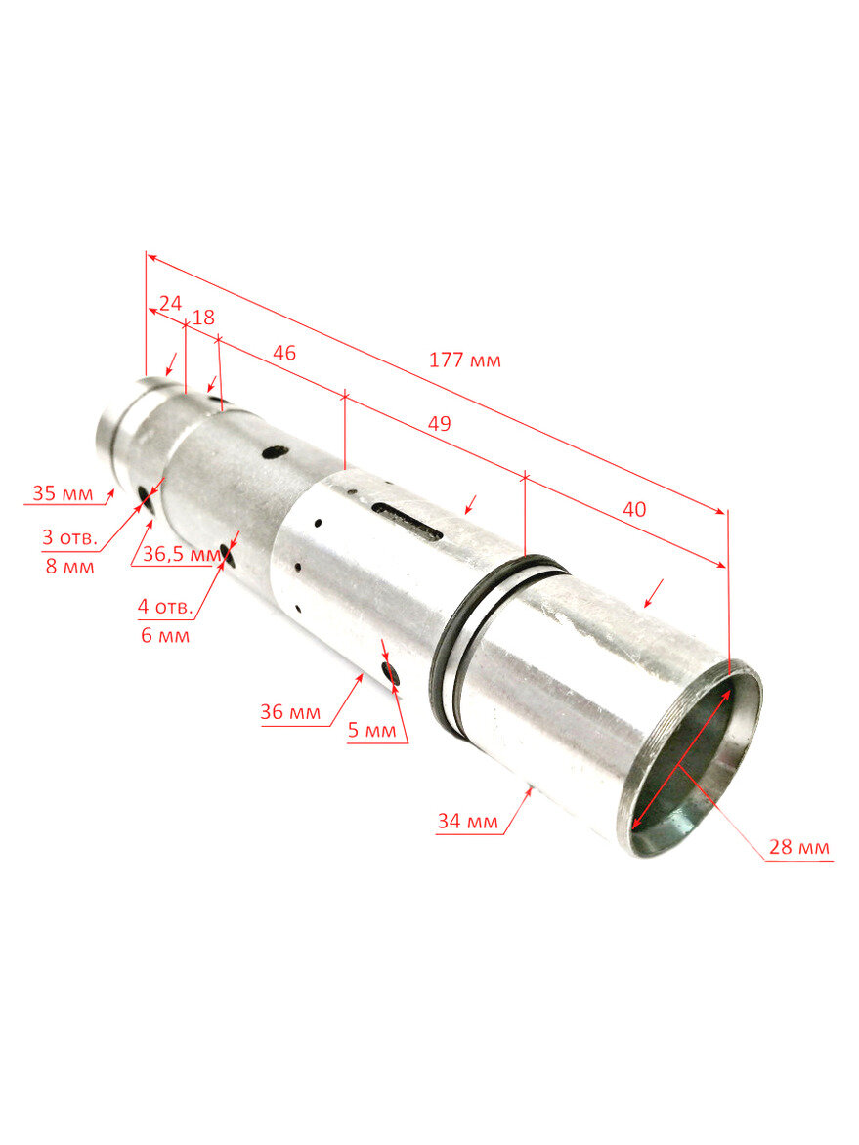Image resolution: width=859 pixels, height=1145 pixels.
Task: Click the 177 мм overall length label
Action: tap(464, 360)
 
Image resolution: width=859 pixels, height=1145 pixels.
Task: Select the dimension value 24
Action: tap(170, 303)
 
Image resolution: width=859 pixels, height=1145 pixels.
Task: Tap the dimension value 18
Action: tap(203, 318)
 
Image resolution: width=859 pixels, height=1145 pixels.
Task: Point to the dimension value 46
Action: tap(284, 353)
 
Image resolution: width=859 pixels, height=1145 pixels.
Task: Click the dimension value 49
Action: tap(439, 424)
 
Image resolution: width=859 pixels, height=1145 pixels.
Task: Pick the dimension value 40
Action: tap(633, 509)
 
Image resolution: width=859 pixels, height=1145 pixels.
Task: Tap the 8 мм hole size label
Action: tap(69, 566)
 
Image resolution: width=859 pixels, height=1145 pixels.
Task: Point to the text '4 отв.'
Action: tap(164, 606)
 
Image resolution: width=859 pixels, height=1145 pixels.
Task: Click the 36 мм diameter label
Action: tap(290, 712)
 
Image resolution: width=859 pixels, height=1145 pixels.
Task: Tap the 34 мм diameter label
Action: tap(467, 822)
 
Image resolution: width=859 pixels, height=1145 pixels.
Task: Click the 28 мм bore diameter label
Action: tap(798, 847)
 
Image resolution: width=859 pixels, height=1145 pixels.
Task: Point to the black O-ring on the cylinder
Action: tap(452, 650)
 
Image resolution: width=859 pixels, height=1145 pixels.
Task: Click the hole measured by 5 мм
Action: tap(393, 673)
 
